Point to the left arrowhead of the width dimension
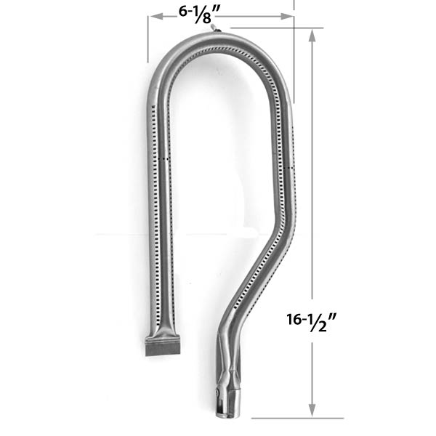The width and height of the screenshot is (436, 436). pos(151,20)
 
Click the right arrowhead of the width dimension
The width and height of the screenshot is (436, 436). pos(290,20)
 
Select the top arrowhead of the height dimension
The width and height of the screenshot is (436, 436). pos(312,33)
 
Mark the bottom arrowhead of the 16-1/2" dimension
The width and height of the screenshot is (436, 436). pos(312,413)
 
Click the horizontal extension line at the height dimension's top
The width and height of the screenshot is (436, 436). pos(276,28)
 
